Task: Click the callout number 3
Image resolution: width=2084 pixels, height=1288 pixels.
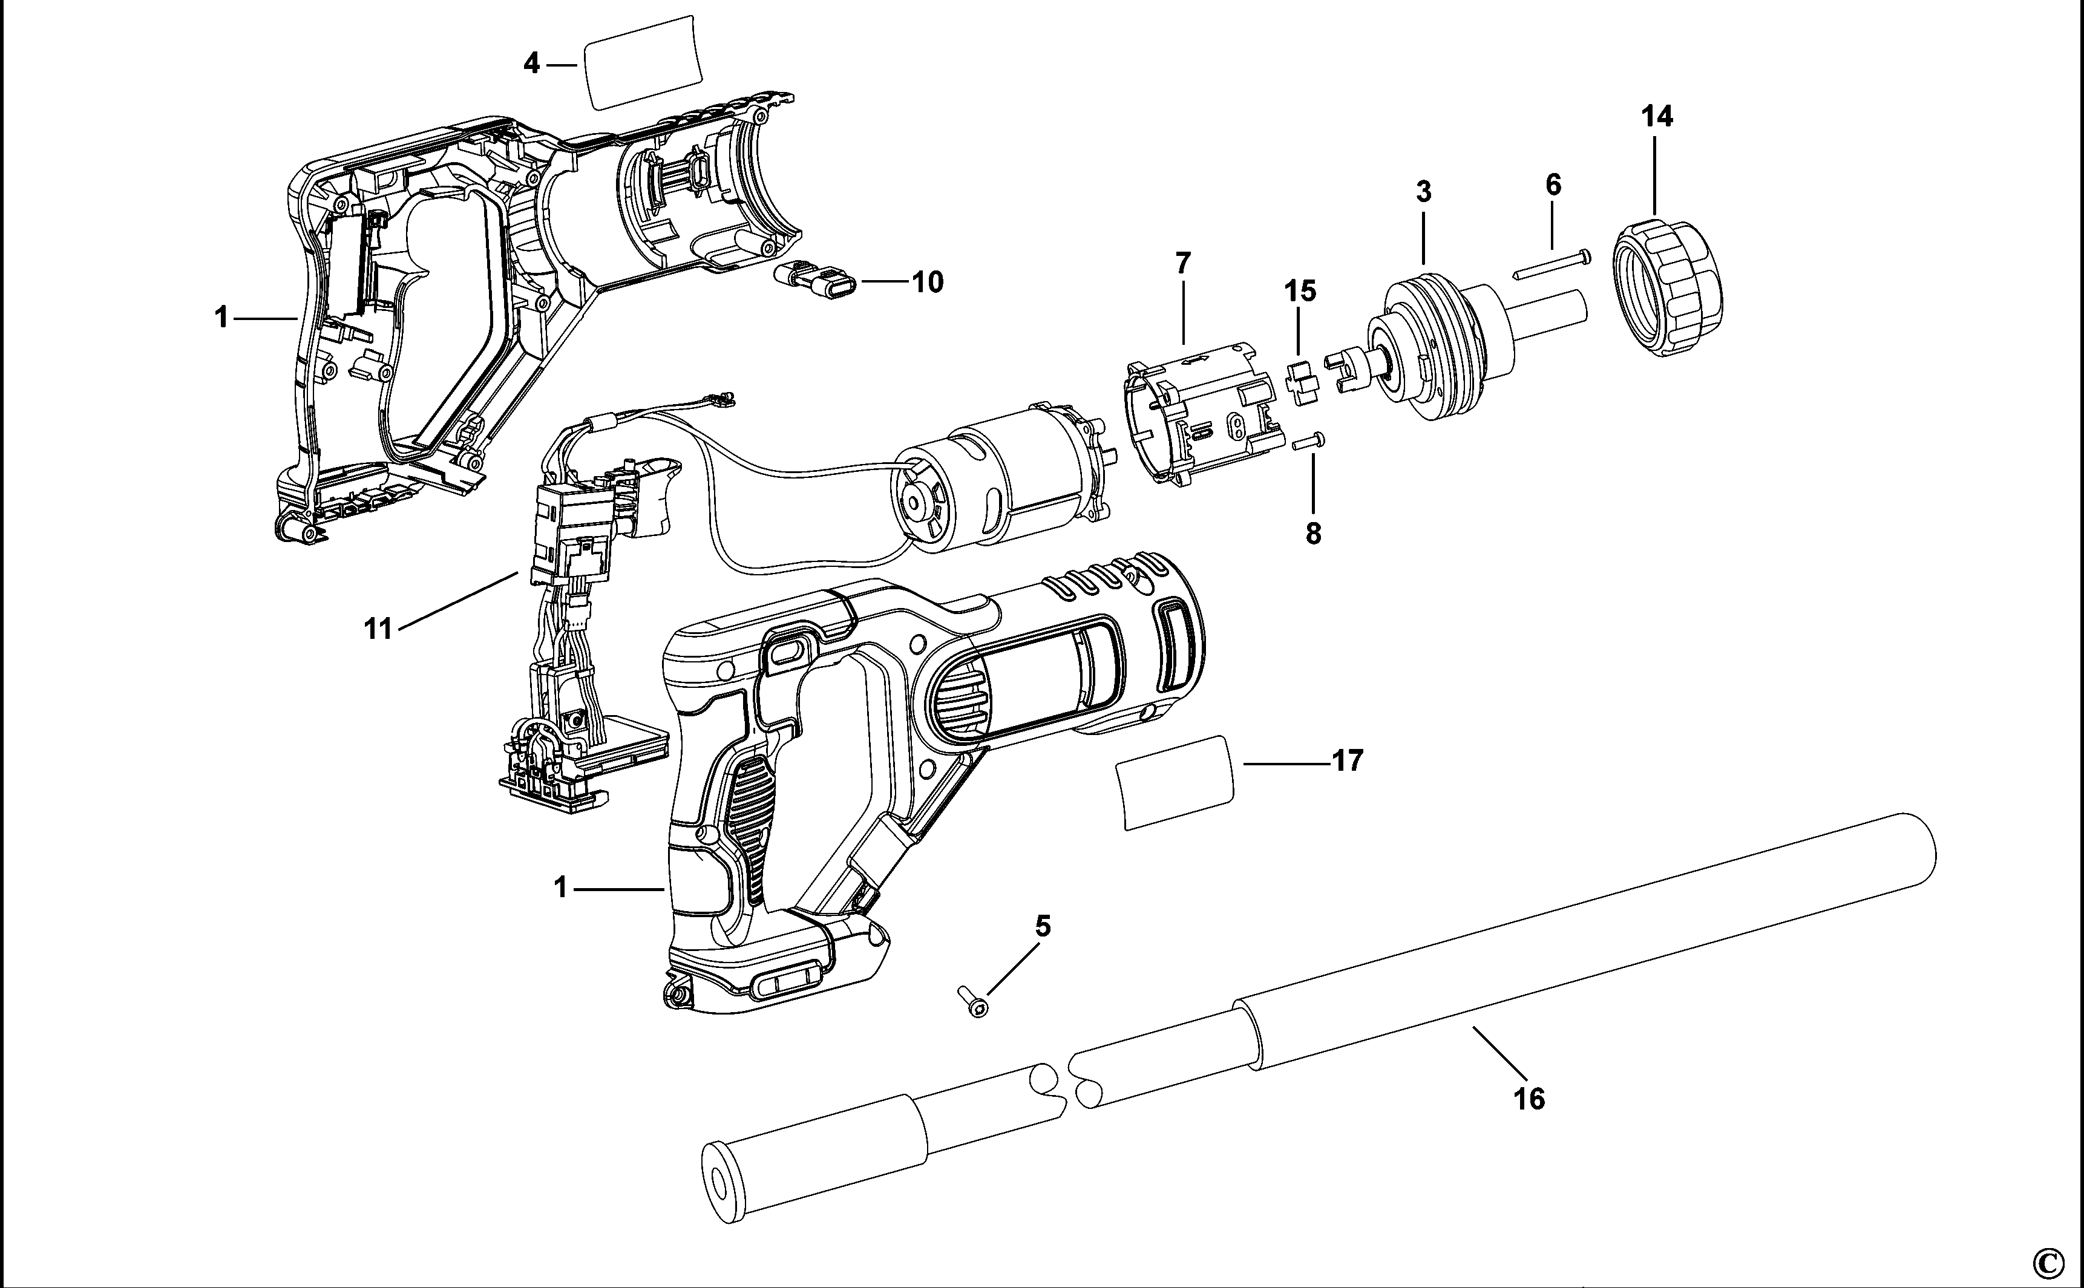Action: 1424,192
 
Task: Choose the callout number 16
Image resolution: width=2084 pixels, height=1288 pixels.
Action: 1529,1099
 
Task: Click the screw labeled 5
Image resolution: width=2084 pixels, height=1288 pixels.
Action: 972,1002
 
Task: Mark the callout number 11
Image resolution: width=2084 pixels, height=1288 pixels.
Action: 378,630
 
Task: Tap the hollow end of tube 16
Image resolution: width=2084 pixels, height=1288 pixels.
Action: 718,1188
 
